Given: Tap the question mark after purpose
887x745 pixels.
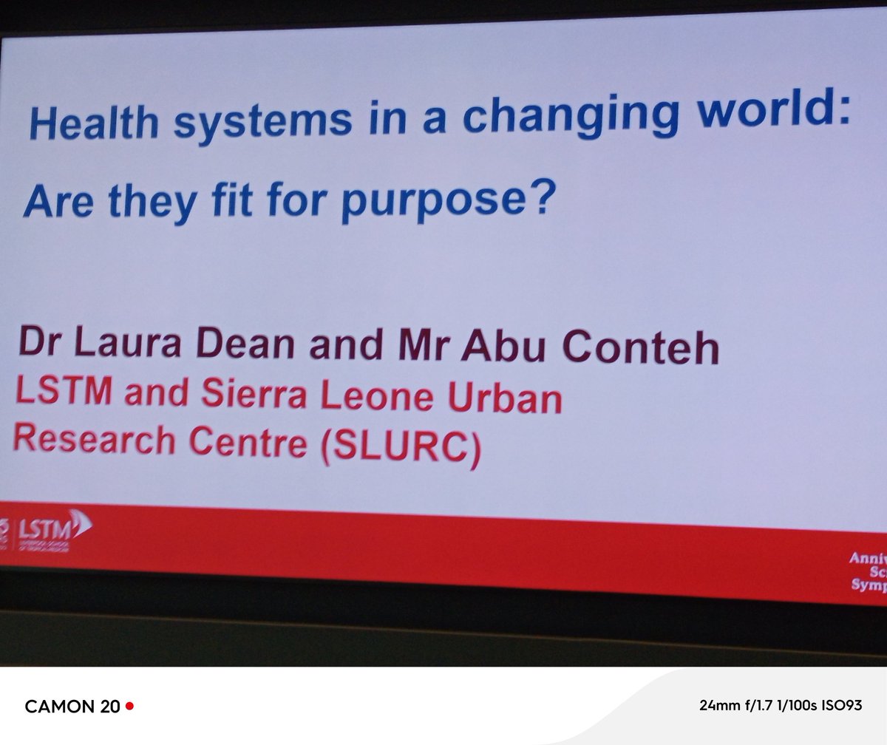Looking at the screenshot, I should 540,198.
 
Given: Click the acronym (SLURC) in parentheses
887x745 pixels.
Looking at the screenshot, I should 400,448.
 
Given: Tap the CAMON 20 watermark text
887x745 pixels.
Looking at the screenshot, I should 72,707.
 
